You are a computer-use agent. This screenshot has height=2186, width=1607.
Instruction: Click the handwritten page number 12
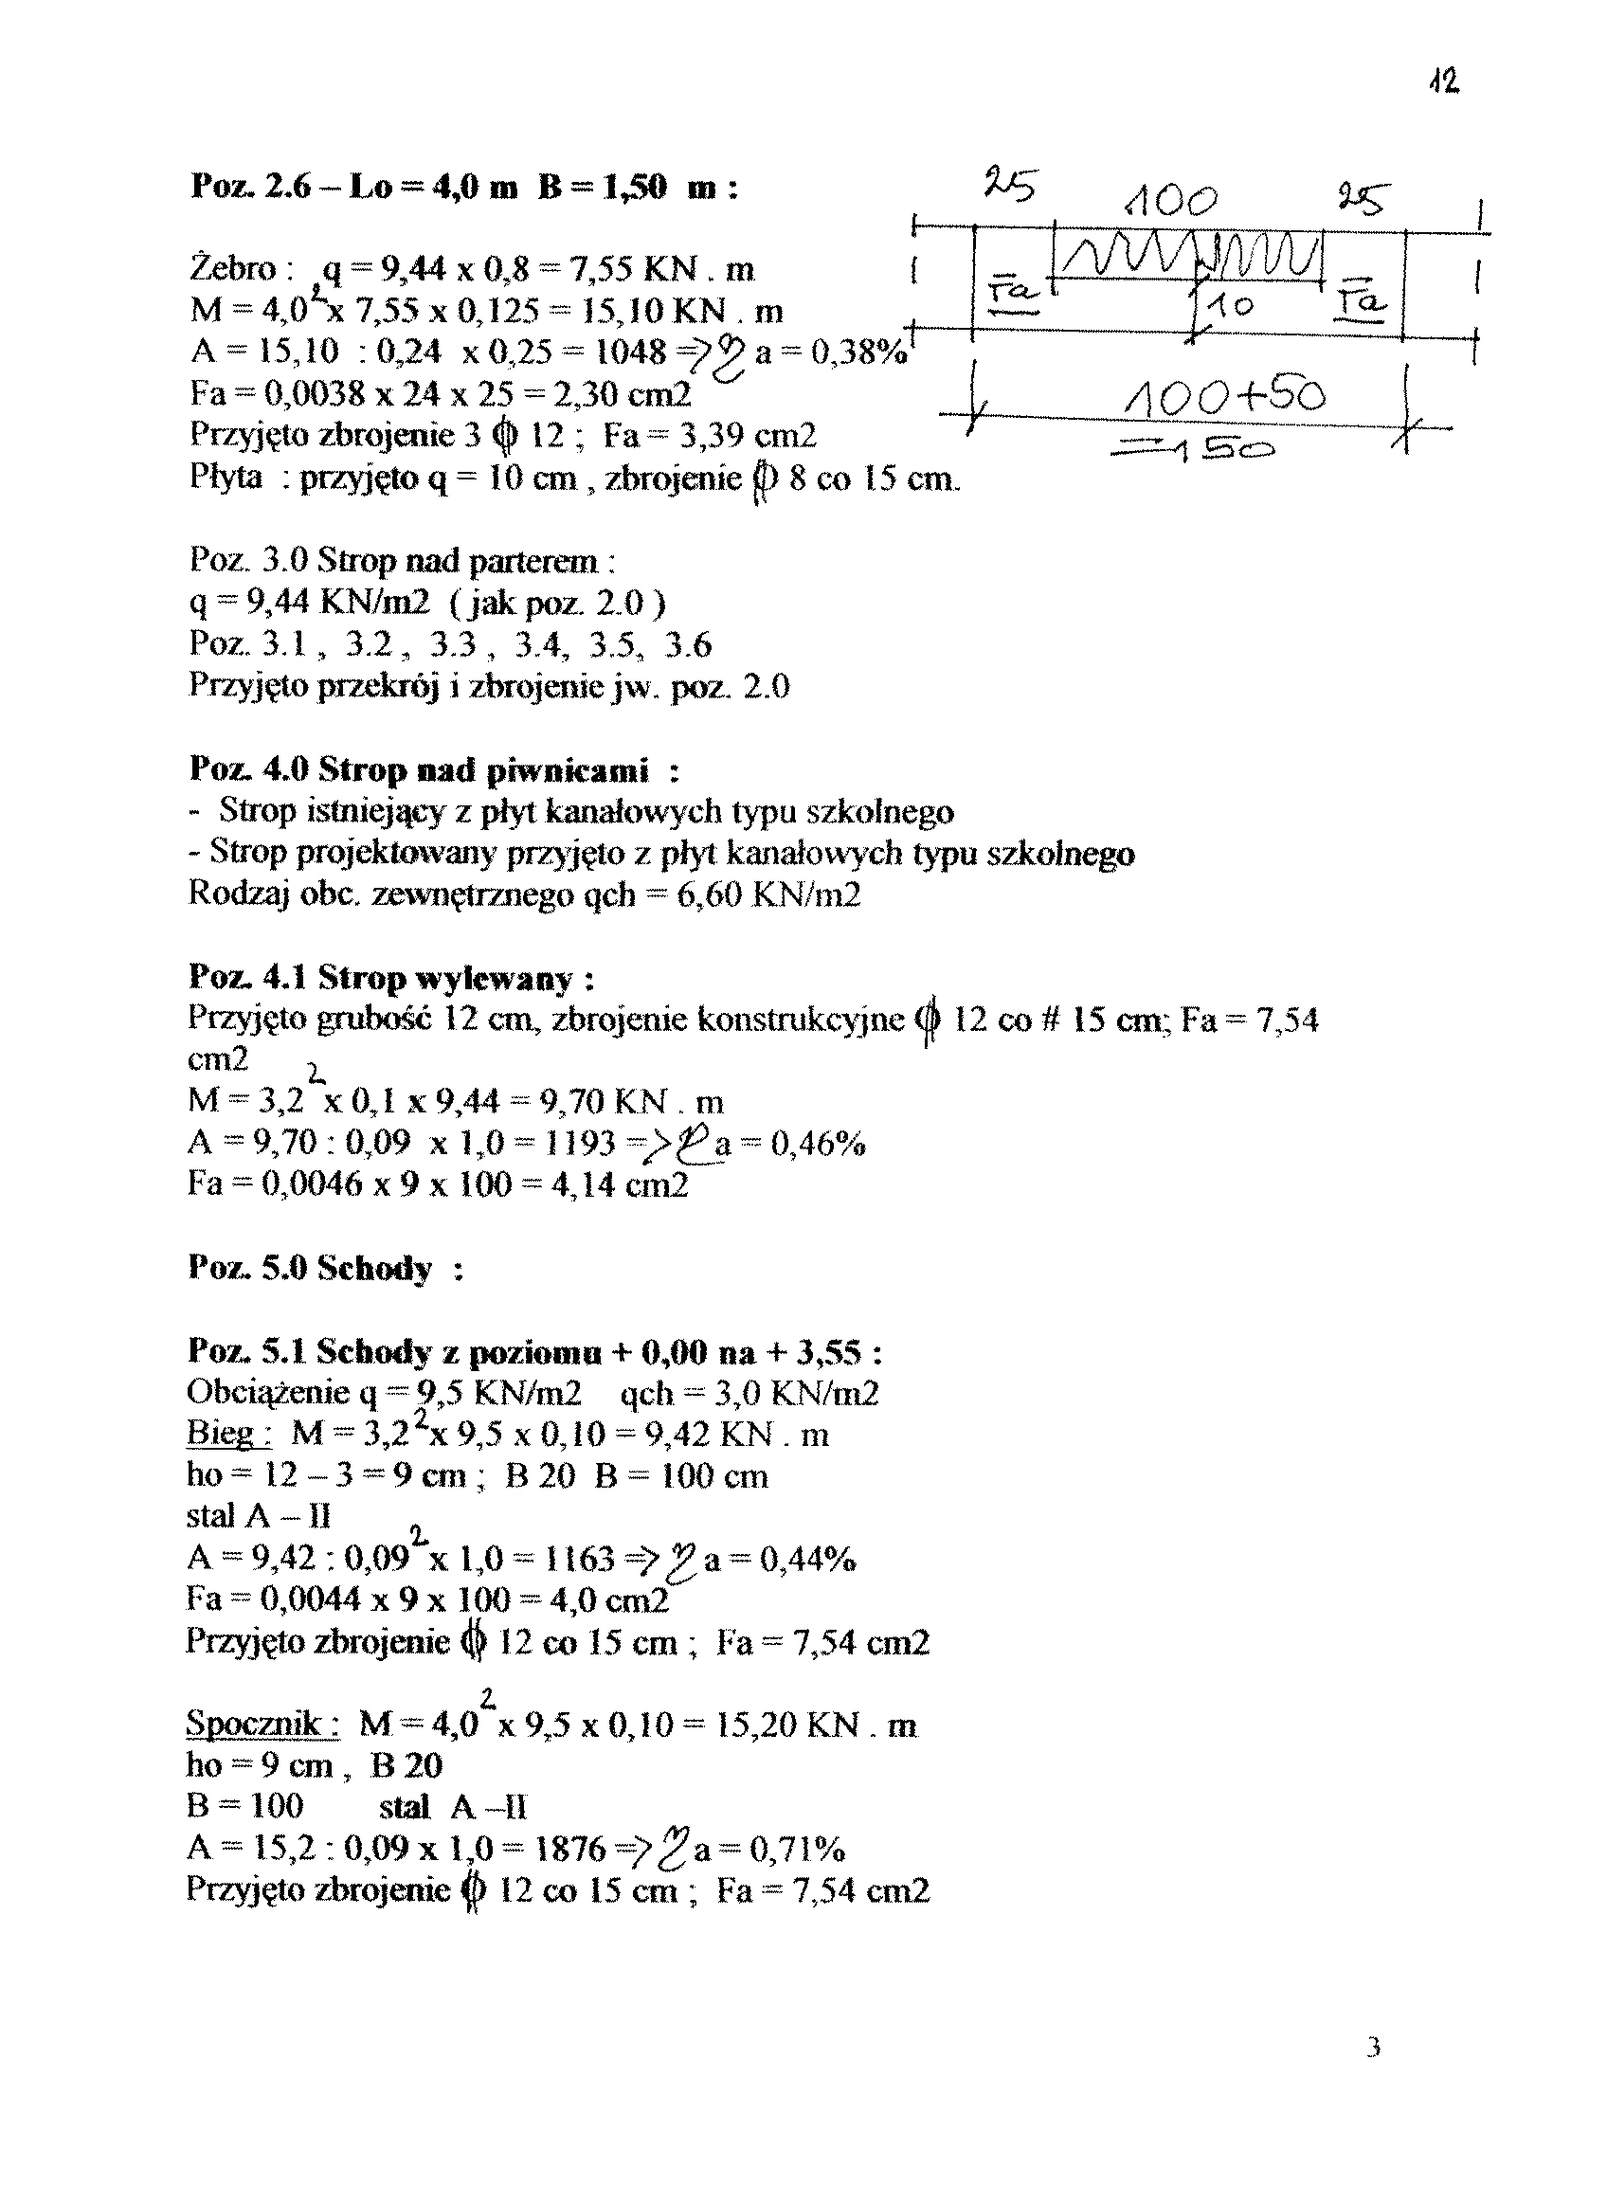[1445, 82]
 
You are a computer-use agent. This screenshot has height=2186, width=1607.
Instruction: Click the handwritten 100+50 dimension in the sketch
[1225, 396]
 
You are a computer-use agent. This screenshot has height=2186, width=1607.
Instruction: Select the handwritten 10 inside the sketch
[1231, 307]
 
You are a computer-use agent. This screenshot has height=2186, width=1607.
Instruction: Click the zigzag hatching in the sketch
[1191, 257]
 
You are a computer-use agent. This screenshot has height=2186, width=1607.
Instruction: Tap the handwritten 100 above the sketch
[1169, 202]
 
